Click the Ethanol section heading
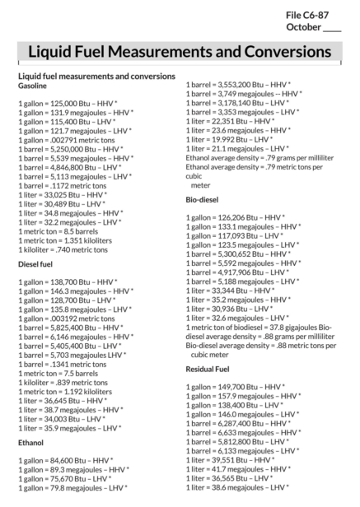pyautogui.click(x=31, y=442)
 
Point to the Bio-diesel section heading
pyautogui.click(x=202, y=200)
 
